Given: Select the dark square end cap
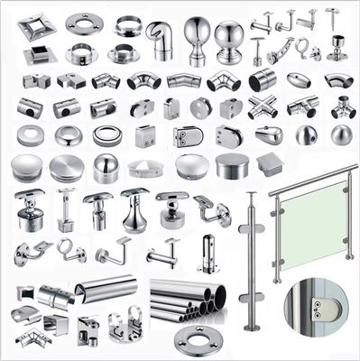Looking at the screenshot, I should click(x=270, y=164).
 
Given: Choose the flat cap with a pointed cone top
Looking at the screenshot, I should click(x=145, y=168).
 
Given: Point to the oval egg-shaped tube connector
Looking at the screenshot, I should click(x=299, y=80).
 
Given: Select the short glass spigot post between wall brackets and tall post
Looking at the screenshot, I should click(x=208, y=252).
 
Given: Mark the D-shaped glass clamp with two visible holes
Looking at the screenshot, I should click(x=186, y=138).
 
